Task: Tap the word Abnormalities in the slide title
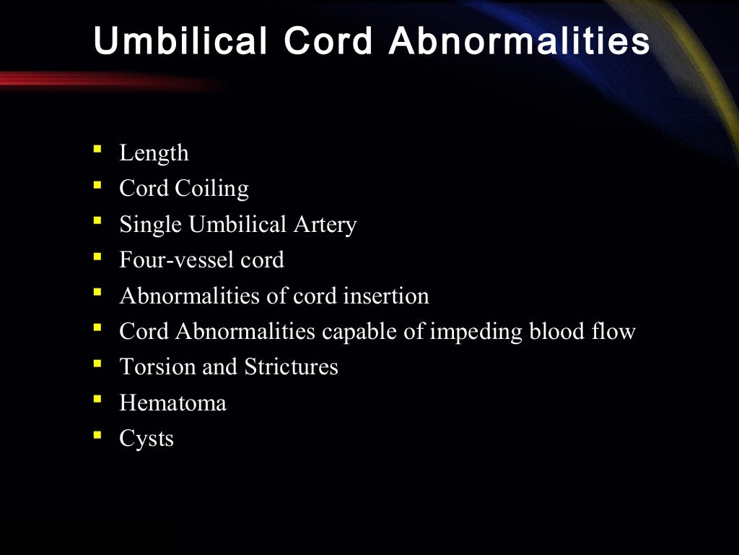520,42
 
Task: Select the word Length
154,153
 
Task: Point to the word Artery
325,225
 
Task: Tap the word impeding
477,332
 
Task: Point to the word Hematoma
172,403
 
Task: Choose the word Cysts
147,439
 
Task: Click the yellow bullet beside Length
97,150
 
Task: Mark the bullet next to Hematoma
97,400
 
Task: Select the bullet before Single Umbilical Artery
97,221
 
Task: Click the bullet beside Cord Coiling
97,186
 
